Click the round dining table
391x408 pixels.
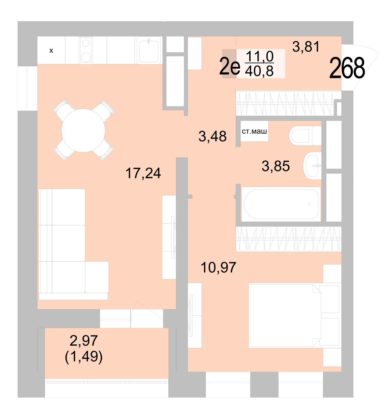pyautogui.click(x=83, y=130)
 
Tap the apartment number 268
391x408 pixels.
pyautogui.click(x=347, y=68)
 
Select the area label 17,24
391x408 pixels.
pyautogui.click(x=143, y=173)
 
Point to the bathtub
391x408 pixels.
pyautogui.click(x=281, y=204)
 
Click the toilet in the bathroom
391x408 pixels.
pyautogui.click(x=304, y=136)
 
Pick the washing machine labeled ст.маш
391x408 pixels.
pyautogui.click(x=254, y=131)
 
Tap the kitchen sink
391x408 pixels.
pyautogui.click(x=149, y=50)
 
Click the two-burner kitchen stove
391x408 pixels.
pyautogui.click(x=86, y=50)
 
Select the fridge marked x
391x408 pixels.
pyautogui.click(x=51, y=50)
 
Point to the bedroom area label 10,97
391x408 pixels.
pyautogui.click(x=218, y=267)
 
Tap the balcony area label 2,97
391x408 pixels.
pyautogui.click(x=84, y=340)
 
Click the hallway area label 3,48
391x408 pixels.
pyautogui.click(x=212, y=136)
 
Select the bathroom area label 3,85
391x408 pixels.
pyautogui.click(x=276, y=166)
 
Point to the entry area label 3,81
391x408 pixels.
pyautogui.click(x=306, y=47)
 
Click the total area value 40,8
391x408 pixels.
pyautogui.click(x=259, y=71)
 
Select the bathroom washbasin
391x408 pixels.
pyautogui.click(x=312, y=166)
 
